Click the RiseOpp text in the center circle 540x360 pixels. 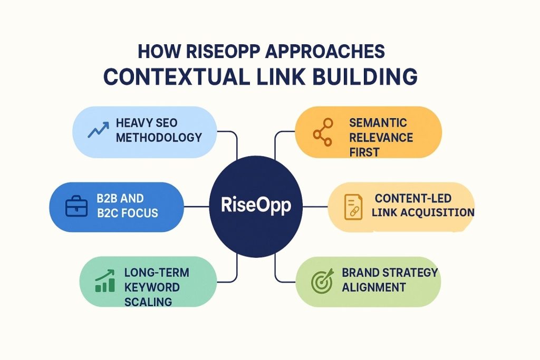pos(256,206)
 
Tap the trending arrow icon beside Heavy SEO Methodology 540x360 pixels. pos(98,129)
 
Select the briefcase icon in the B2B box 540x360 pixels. pos(76,206)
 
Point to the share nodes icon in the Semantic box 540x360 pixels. pos(323,132)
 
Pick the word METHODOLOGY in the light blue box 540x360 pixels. pos(159,138)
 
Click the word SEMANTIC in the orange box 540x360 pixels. pos(378,123)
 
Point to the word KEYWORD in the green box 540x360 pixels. pos(152,287)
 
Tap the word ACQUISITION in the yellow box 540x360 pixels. pos(437,212)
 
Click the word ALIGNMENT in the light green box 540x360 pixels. pos(374,287)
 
